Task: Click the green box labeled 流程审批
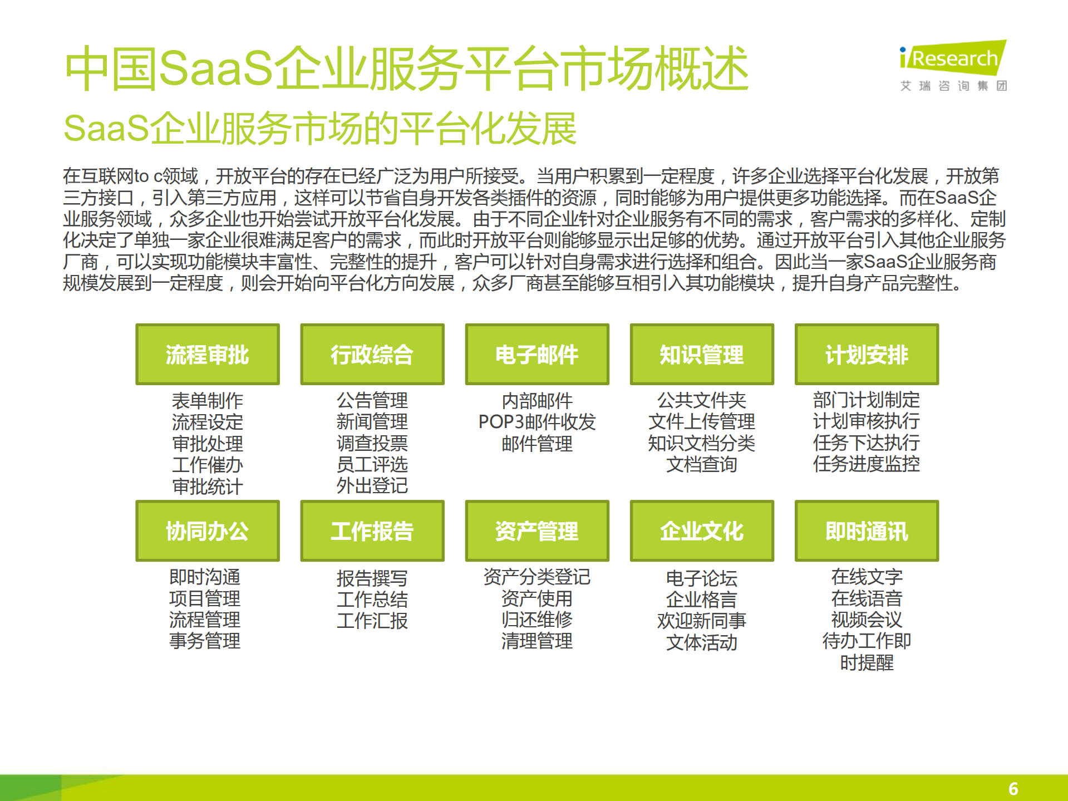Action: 207,354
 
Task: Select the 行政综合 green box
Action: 372,354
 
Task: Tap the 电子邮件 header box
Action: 537,354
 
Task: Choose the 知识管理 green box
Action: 701,354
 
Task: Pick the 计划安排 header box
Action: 866,354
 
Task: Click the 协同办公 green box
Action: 207,530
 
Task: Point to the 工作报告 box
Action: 372,530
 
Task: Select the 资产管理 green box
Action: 537,530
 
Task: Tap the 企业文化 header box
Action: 701,530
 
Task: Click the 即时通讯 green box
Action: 866,530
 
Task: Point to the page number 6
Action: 1013,788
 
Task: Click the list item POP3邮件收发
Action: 537,422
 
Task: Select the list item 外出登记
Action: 372,485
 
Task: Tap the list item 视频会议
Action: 866,620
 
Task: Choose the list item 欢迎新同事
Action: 701,621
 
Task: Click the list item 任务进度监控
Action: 866,464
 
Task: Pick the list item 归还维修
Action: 537,620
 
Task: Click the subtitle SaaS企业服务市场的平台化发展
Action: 320,129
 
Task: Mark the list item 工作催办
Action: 207,465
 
